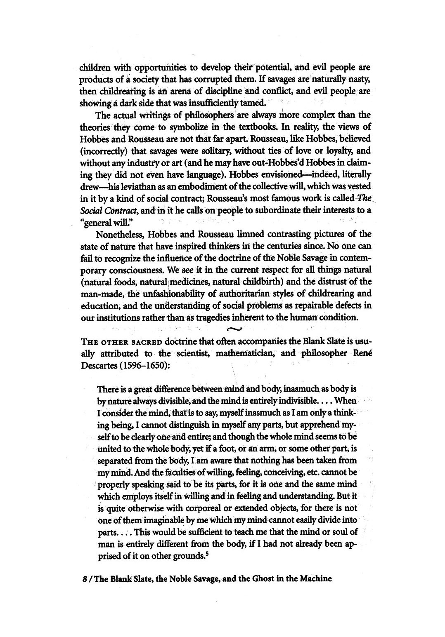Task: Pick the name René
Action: pyautogui.click(x=362, y=353)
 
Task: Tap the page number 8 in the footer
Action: pyautogui.click(x=85, y=578)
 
